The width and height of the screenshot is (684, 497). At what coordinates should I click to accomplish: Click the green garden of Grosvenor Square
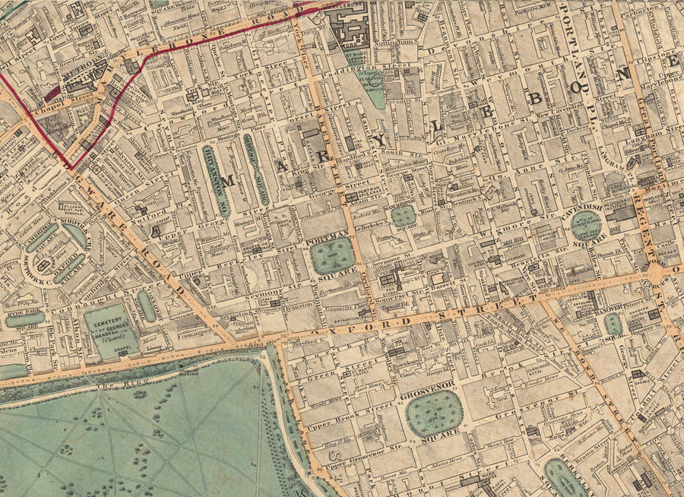click(434, 413)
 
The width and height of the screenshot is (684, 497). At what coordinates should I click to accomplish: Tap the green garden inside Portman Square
click(333, 256)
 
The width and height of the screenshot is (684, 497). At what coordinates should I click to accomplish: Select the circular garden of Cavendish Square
click(585, 226)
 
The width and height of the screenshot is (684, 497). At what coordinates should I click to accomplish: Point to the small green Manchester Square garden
click(403, 216)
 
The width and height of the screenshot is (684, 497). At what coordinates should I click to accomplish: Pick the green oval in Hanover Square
click(613, 324)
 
